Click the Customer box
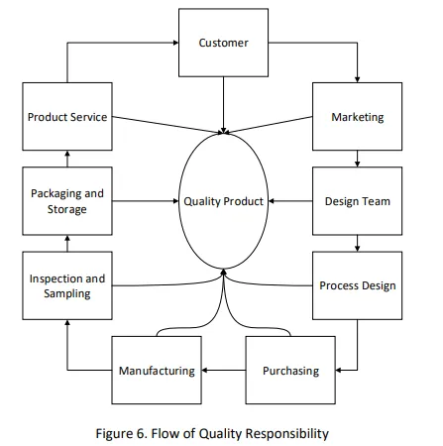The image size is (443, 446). (223, 43)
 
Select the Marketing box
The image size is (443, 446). (357, 117)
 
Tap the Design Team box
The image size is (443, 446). (357, 201)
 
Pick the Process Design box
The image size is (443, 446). (357, 285)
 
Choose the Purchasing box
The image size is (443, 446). (290, 370)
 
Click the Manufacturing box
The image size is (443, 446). (157, 370)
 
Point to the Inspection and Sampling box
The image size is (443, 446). (67, 285)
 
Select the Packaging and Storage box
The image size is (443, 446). (67, 201)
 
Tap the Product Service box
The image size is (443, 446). (67, 117)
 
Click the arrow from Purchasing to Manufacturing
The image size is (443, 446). (224, 370)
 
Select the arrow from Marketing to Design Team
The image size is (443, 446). (357, 159)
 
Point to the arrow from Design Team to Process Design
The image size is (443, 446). (357, 243)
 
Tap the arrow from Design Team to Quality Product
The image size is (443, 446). (290, 201)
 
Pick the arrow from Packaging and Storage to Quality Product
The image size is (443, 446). (146, 201)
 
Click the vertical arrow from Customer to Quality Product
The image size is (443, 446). (223, 105)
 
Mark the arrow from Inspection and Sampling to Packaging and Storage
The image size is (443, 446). (67, 244)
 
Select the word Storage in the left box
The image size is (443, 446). (67, 209)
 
